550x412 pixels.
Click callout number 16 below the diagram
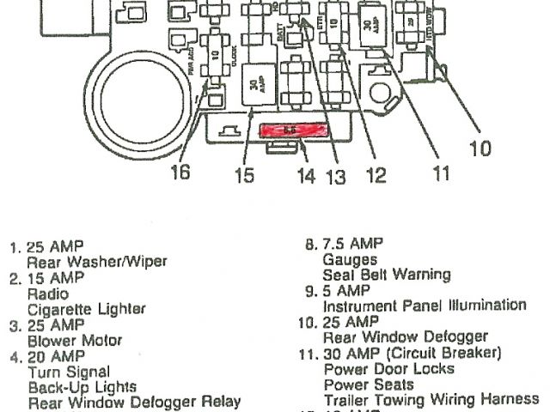[x=179, y=173]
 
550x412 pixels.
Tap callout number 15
[x=245, y=176]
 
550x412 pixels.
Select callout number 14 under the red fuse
[x=307, y=177]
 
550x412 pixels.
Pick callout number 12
[x=376, y=176]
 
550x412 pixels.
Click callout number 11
[x=440, y=174]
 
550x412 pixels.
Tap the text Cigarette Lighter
[x=87, y=309]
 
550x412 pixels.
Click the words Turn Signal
[x=69, y=372]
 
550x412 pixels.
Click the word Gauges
[x=350, y=258]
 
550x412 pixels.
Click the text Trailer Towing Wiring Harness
[x=431, y=400]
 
